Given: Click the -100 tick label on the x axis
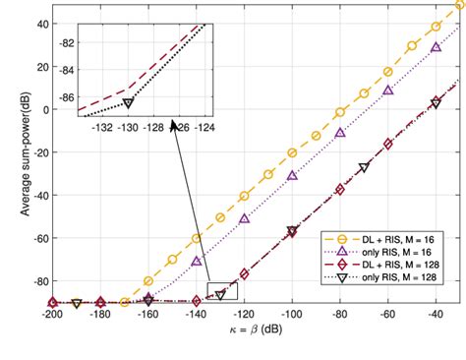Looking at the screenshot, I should click(293, 315).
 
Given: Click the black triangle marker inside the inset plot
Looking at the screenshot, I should click(128, 102).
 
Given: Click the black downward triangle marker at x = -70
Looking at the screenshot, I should click(365, 167).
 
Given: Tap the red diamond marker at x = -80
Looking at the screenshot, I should click(340, 189).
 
